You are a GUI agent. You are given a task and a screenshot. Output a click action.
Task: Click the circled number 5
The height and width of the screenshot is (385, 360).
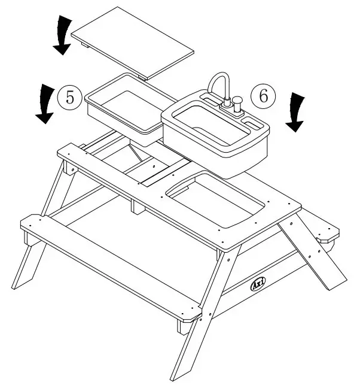(x=70, y=98)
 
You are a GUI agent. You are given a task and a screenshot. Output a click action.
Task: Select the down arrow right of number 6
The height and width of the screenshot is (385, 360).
(x=295, y=112)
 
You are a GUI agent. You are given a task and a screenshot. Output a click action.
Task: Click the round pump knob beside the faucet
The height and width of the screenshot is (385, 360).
(x=237, y=103)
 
